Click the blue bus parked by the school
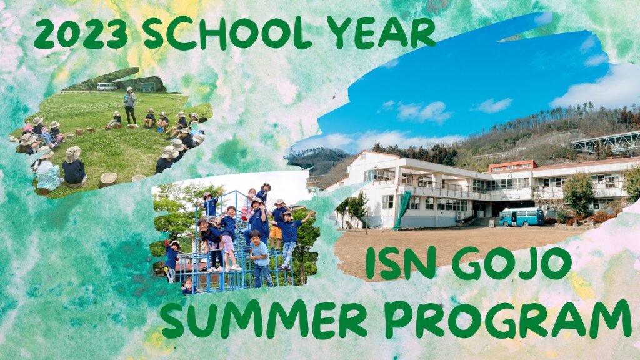(521, 217)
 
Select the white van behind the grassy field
(106, 86)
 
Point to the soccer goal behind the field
(147, 87)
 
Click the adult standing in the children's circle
(130, 106)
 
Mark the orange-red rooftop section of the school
(512, 166)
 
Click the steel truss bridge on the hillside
(605, 142)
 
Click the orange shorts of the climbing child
(276, 232)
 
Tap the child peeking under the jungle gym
(189, 286)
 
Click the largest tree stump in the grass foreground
(108, 179)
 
